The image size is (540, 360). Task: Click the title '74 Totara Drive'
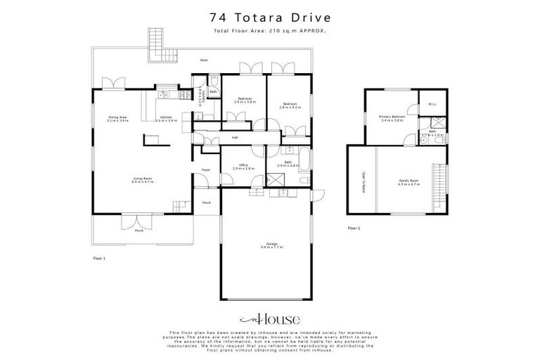point(270,18)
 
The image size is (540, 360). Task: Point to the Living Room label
point(143,180)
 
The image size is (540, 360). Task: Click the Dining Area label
point(117,118)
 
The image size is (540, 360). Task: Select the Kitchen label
point(167,118)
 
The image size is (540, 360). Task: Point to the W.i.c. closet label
point(432,105)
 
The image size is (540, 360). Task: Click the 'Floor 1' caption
point(99,259)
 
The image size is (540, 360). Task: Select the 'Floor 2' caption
point(354,229)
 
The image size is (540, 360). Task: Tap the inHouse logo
point(270,317)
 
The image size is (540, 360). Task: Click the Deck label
point(203,60)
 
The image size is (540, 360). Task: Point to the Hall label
point(235,138)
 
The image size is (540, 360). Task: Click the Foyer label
point(206,170)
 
